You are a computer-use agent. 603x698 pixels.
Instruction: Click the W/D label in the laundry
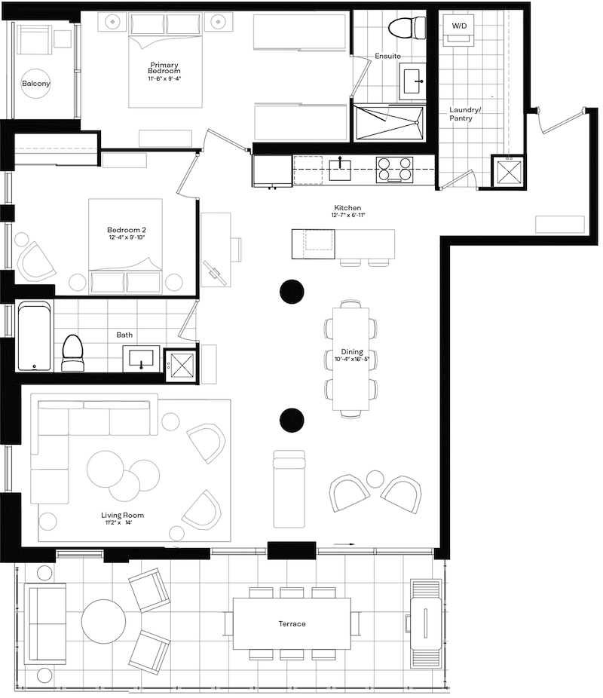click(x=459, y=26)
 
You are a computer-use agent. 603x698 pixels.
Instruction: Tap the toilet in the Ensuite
click(x=407, y=28)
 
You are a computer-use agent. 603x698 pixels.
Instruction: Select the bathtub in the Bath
click(x=34, y=336)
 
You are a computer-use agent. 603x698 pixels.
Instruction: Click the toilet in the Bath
click(x=72, y=353)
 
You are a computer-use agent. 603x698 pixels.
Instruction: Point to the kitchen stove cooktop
click(x=393, y=170)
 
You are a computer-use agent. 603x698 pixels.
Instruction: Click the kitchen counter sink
click(x=340, y=170)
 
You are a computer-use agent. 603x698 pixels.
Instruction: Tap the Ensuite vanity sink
click(x=412, y=81)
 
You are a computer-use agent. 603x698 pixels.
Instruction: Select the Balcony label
click(x=35, y=83)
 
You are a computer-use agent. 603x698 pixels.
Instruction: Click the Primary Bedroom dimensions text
click(x=164, y=79)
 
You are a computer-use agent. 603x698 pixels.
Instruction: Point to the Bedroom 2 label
click(x=127, y=230)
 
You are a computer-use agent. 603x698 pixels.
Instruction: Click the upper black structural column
click(x=292, y=292)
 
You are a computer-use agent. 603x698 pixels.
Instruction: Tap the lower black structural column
click(x=292, y=420)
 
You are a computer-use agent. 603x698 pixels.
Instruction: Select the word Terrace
click(x=292, y=623)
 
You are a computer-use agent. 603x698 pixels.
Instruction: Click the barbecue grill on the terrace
click(x=426, y=623)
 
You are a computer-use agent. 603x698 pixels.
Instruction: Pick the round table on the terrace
click(x=103, y=621)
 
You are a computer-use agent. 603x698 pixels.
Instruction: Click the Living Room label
click(x=122, y=515)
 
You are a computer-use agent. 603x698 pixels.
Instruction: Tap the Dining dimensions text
click(x=352, y=359)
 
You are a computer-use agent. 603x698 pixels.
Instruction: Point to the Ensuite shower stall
click(x=388, y=123)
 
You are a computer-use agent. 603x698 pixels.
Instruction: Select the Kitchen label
click(x=347, y=207)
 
